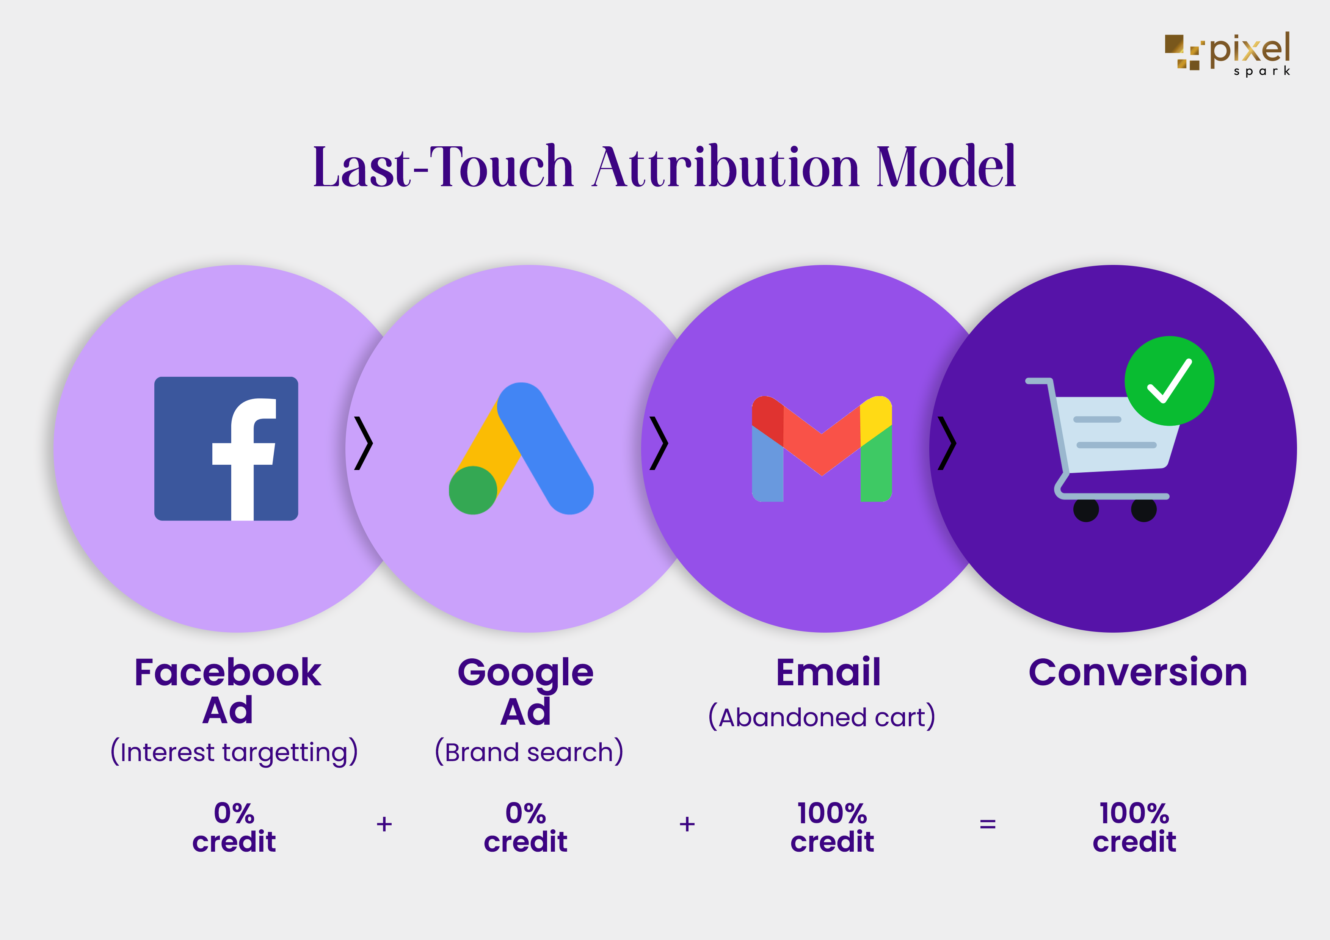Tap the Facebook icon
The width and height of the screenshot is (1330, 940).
tap(226, 448)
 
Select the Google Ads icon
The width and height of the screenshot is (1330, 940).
tap(521, 448)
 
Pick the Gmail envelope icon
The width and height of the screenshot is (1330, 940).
tap(822, 448)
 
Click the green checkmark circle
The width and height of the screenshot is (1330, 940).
tap(1169, 381)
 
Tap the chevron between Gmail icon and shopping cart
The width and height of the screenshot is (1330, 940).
tap(947, 443)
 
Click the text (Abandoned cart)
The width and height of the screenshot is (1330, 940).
tap(822, 717)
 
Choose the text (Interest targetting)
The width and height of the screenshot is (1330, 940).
tap(234, 752)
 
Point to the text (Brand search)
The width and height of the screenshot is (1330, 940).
tap(529, 752)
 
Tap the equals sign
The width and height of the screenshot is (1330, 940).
tap(988, 824)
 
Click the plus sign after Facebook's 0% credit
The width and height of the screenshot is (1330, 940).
tap(384, 824)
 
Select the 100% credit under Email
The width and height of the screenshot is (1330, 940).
tap(832, 827)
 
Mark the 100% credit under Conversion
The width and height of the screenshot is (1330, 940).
tap(1134, 827)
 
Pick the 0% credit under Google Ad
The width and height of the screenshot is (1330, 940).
tap(525, 827)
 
